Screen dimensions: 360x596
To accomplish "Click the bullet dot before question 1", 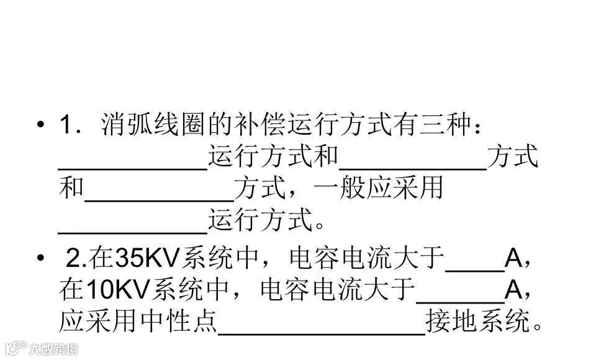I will coord(40,126).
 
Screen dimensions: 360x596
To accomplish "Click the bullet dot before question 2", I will coord(40,258).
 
